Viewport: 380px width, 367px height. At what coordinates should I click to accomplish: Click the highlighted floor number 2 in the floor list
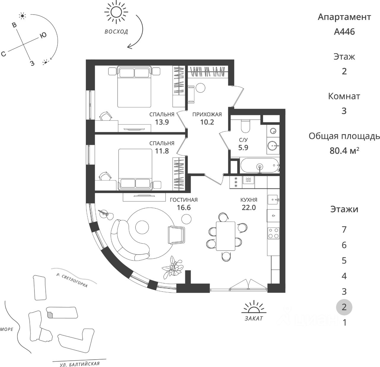344,307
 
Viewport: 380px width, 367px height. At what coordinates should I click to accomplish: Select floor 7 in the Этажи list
344,230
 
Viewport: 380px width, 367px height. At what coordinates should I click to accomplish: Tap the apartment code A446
344,32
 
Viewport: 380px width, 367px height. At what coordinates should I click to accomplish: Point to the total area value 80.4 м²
344,150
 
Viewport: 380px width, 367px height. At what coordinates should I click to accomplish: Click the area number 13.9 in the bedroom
162,122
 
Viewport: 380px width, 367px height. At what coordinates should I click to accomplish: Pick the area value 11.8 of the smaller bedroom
162,151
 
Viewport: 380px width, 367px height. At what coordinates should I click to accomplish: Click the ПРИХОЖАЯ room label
207,114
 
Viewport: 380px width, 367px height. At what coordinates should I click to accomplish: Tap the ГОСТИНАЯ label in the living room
183,200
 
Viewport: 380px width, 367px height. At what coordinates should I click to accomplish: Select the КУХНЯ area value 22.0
248,208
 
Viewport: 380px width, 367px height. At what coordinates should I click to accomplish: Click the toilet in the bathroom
246,126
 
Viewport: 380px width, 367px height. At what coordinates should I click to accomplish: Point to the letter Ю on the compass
43,35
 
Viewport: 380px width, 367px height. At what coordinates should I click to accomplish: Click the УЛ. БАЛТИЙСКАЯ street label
75,364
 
